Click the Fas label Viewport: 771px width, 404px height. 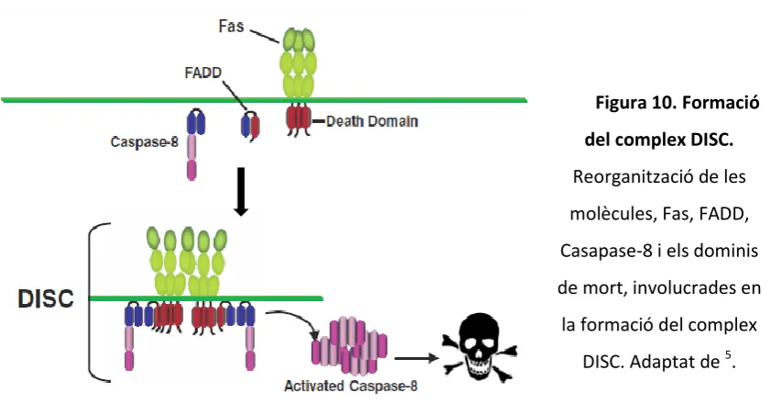(x=231, y=26)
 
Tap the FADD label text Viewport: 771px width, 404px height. (x=204, y=73)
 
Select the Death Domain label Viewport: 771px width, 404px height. (x=372, y=121)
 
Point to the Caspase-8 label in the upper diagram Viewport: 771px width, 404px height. (x=144, y=142)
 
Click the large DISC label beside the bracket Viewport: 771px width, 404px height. (x=46, y=298)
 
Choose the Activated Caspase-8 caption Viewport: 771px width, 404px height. (x=350, y=386)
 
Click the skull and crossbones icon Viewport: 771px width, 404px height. (x=479, y=347)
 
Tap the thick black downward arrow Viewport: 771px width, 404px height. (x=241, y=191)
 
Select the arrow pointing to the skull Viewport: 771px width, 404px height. (x=416, y=358)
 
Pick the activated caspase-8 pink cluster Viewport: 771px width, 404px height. (x=349, y=345)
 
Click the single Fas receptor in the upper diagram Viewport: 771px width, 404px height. (x=298, y=64)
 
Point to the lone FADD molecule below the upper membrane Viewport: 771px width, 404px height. (x=250, y=126)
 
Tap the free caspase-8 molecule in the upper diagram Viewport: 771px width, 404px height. (x=195, y=144)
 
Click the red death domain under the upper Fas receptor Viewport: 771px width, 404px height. (x=299, y=118)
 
